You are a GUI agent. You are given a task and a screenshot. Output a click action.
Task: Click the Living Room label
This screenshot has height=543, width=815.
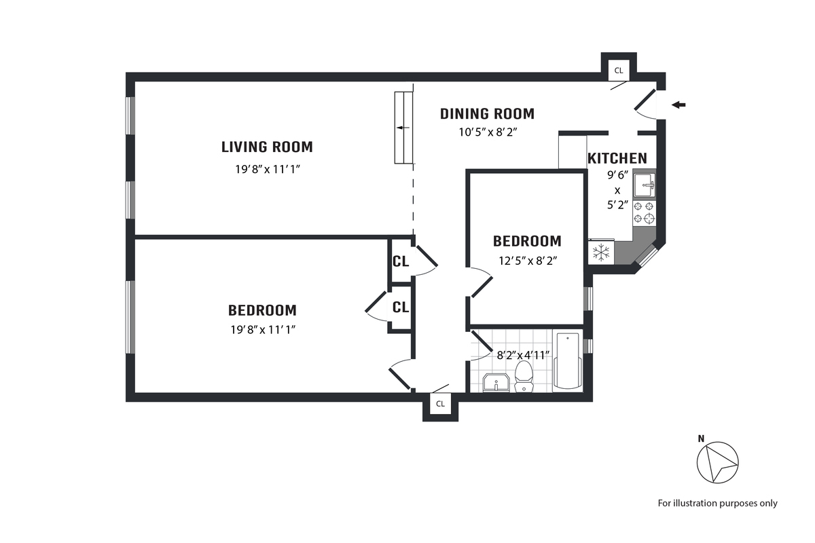[267, 147]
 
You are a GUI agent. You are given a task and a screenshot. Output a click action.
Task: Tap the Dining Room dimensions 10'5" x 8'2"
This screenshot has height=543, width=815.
[488, 132]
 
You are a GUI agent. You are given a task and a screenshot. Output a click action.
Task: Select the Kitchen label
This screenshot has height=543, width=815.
[617, 159]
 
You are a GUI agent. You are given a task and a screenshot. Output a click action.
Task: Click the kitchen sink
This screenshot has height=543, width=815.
[644, 185]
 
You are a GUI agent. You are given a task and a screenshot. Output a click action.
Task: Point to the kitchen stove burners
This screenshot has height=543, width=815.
[644, 212]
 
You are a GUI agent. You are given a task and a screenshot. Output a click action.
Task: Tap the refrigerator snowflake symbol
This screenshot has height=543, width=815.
[601, 252]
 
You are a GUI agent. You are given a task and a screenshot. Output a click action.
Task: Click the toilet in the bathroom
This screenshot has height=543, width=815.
[524, 377]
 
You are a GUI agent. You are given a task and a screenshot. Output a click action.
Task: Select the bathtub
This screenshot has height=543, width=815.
[567, 360]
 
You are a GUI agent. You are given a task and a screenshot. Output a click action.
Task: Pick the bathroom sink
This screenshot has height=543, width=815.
[496, 383]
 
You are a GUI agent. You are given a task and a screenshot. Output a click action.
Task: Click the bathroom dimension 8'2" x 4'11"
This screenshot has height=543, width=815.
[523, 355]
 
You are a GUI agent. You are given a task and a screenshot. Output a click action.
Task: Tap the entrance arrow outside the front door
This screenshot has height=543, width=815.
[678, 105]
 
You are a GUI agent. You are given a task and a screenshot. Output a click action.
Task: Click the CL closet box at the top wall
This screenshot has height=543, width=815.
[619, 71]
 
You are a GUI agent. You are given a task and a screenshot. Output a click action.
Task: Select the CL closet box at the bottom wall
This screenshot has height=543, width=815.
[440, 404]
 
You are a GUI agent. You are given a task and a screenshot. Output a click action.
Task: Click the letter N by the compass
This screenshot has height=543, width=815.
[701, 439]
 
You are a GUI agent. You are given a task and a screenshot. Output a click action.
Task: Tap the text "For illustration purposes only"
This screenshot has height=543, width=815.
[717, 504]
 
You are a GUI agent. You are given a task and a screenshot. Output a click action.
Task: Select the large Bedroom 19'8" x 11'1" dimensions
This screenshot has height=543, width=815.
[263, 330]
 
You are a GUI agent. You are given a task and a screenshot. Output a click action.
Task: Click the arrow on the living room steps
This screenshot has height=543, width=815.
[403, 128]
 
